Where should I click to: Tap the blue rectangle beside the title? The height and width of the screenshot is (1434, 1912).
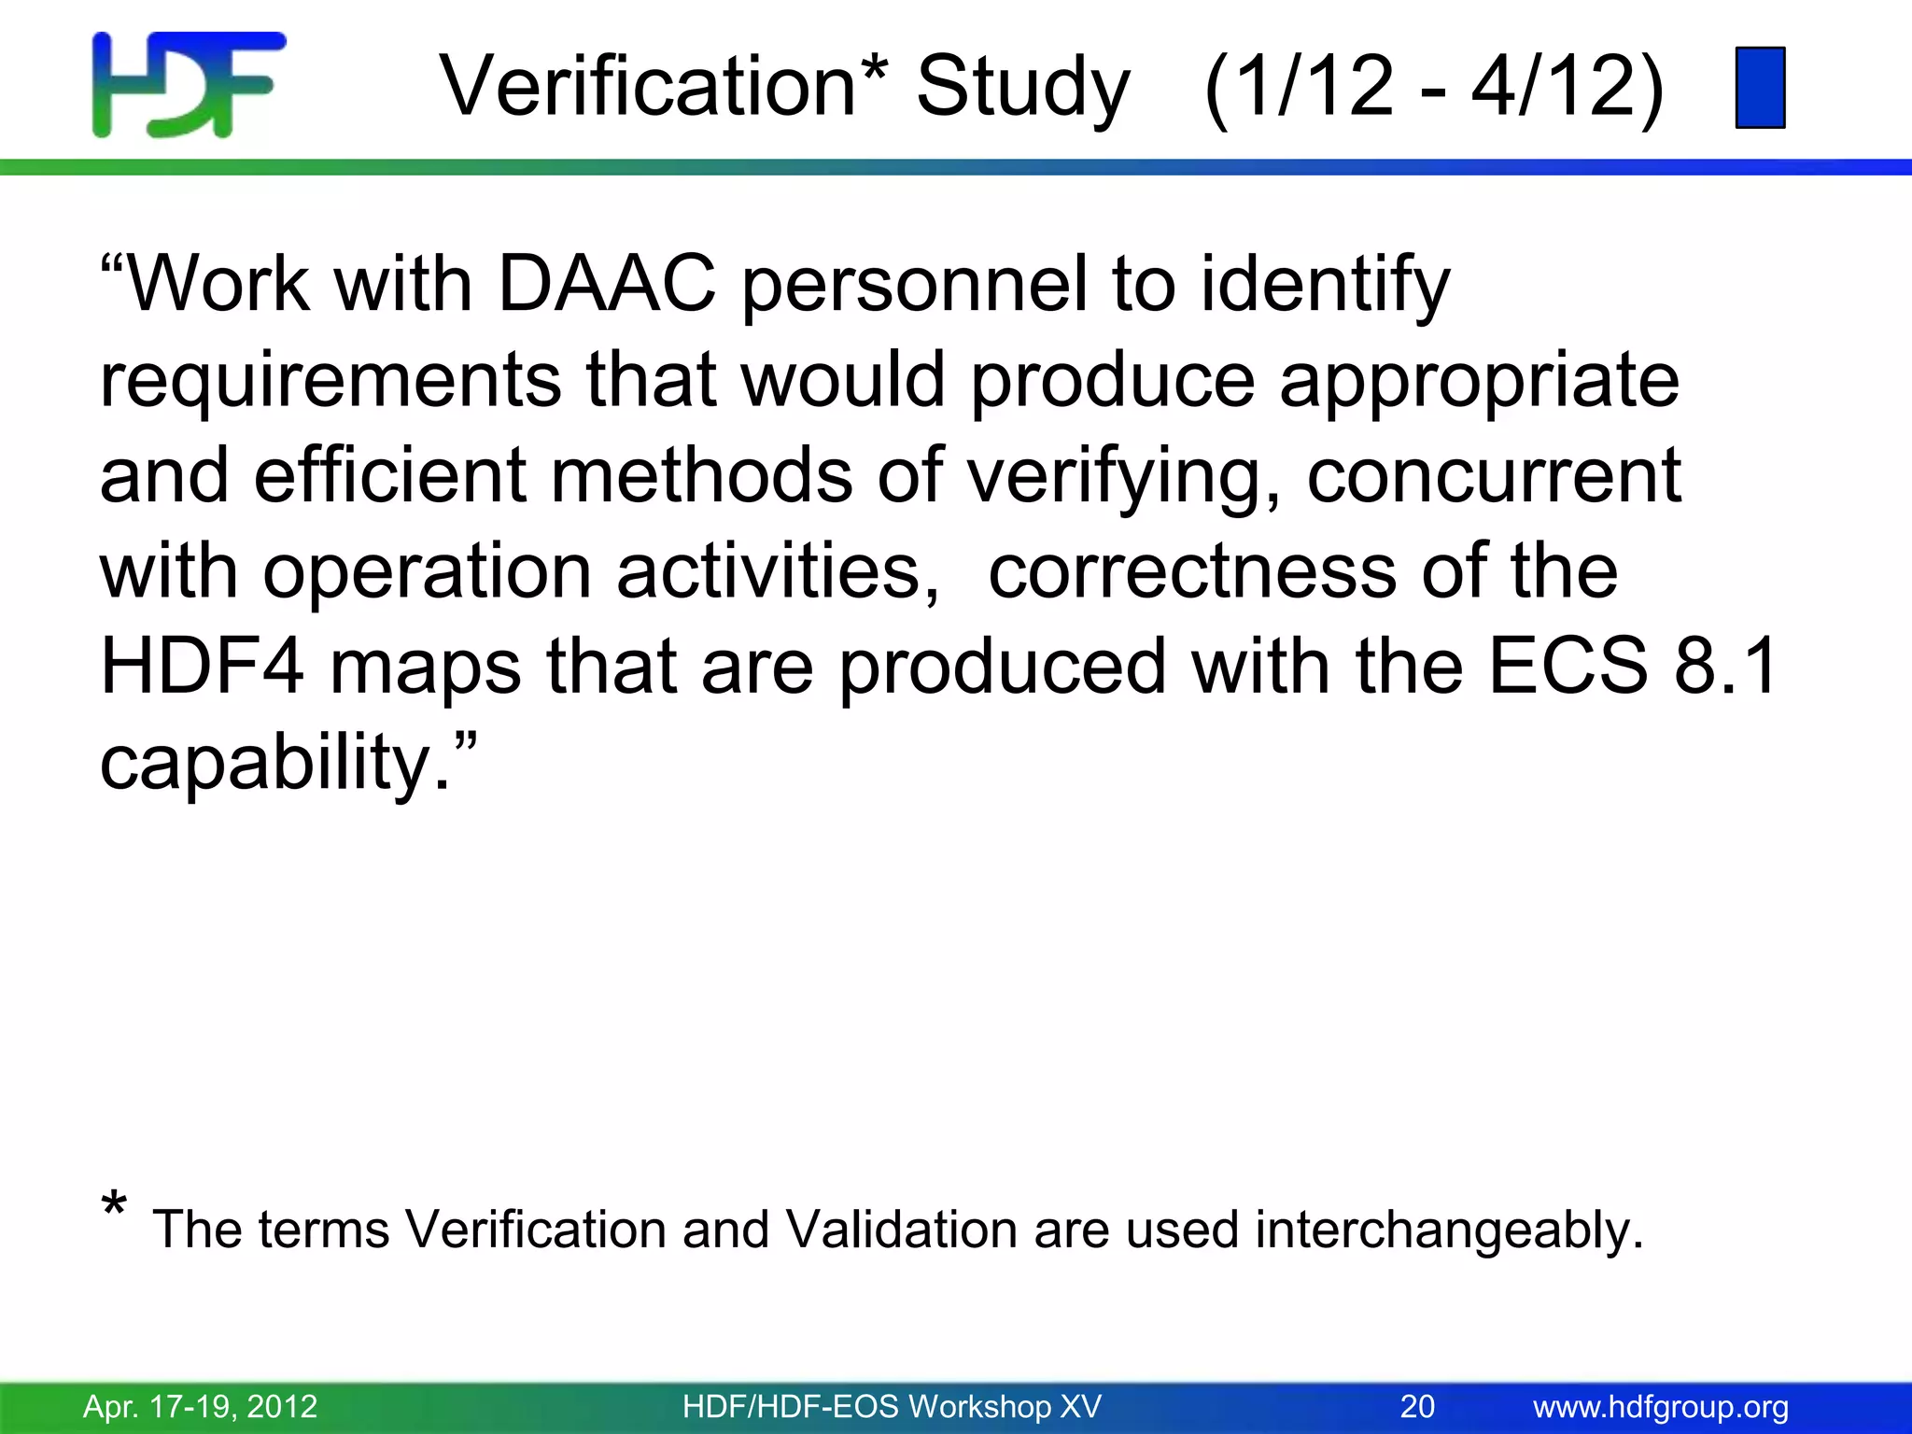click(1760, 88)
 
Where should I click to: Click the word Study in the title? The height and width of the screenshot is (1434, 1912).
click(1023, 87)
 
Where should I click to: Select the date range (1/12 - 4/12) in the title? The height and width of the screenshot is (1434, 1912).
click(1434, 87)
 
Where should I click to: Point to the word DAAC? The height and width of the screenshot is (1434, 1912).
click(607, 284)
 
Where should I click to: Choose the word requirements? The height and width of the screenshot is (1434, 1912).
click(330, 381)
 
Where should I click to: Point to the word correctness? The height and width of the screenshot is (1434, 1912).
click(1192, 571)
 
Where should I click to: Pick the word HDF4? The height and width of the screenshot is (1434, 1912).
click(202, 667)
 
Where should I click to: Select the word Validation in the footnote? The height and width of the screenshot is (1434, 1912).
click(900, 1230)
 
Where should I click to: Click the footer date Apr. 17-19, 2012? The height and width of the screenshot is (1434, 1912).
click(201, 1406)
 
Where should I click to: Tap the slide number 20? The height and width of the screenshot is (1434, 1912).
click(1417, 1406)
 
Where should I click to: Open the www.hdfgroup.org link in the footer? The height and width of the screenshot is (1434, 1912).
click(1661, 1406)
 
